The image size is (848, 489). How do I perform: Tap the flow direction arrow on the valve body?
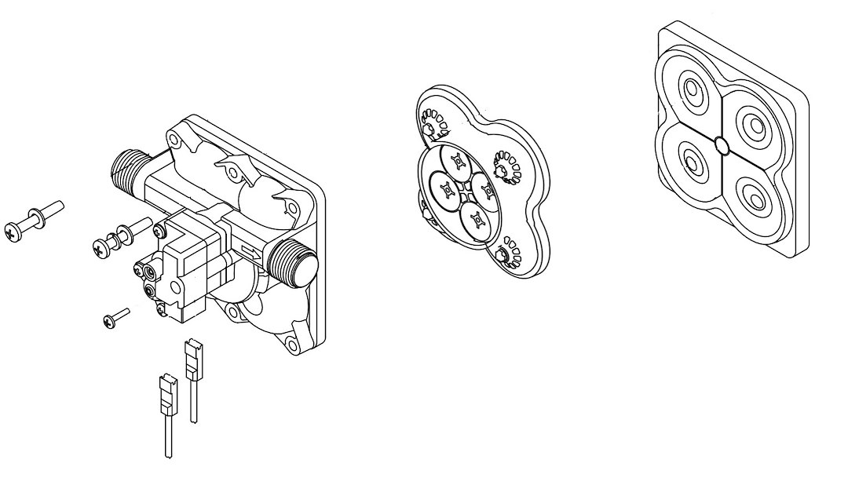(253, 253)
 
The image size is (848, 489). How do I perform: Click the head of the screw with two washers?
(100, 247)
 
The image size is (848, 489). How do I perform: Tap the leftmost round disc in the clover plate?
(445, 188)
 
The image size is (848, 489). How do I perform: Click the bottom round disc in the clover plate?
(473, 220)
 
